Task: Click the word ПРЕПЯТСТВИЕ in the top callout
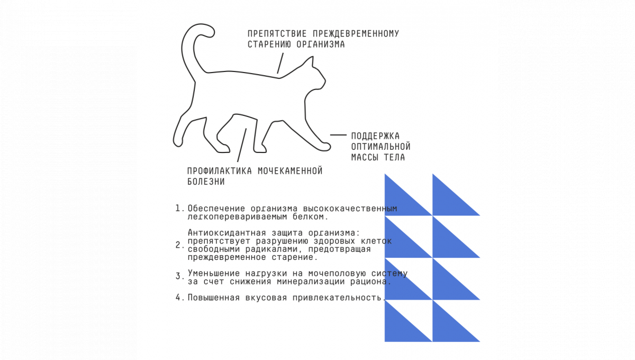277,33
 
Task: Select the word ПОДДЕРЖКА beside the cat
375,136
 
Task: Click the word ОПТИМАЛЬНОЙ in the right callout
380,147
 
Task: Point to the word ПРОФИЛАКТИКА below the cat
220,171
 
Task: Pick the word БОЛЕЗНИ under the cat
206,182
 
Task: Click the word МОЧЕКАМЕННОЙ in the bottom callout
290,171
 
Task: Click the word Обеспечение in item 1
216,209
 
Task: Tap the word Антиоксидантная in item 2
227,232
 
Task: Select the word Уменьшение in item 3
214,274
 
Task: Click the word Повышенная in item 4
214,298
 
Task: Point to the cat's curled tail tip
211,33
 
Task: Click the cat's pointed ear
311,60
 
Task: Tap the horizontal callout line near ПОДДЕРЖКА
338,135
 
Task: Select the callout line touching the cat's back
280,63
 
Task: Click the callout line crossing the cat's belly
242,145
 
